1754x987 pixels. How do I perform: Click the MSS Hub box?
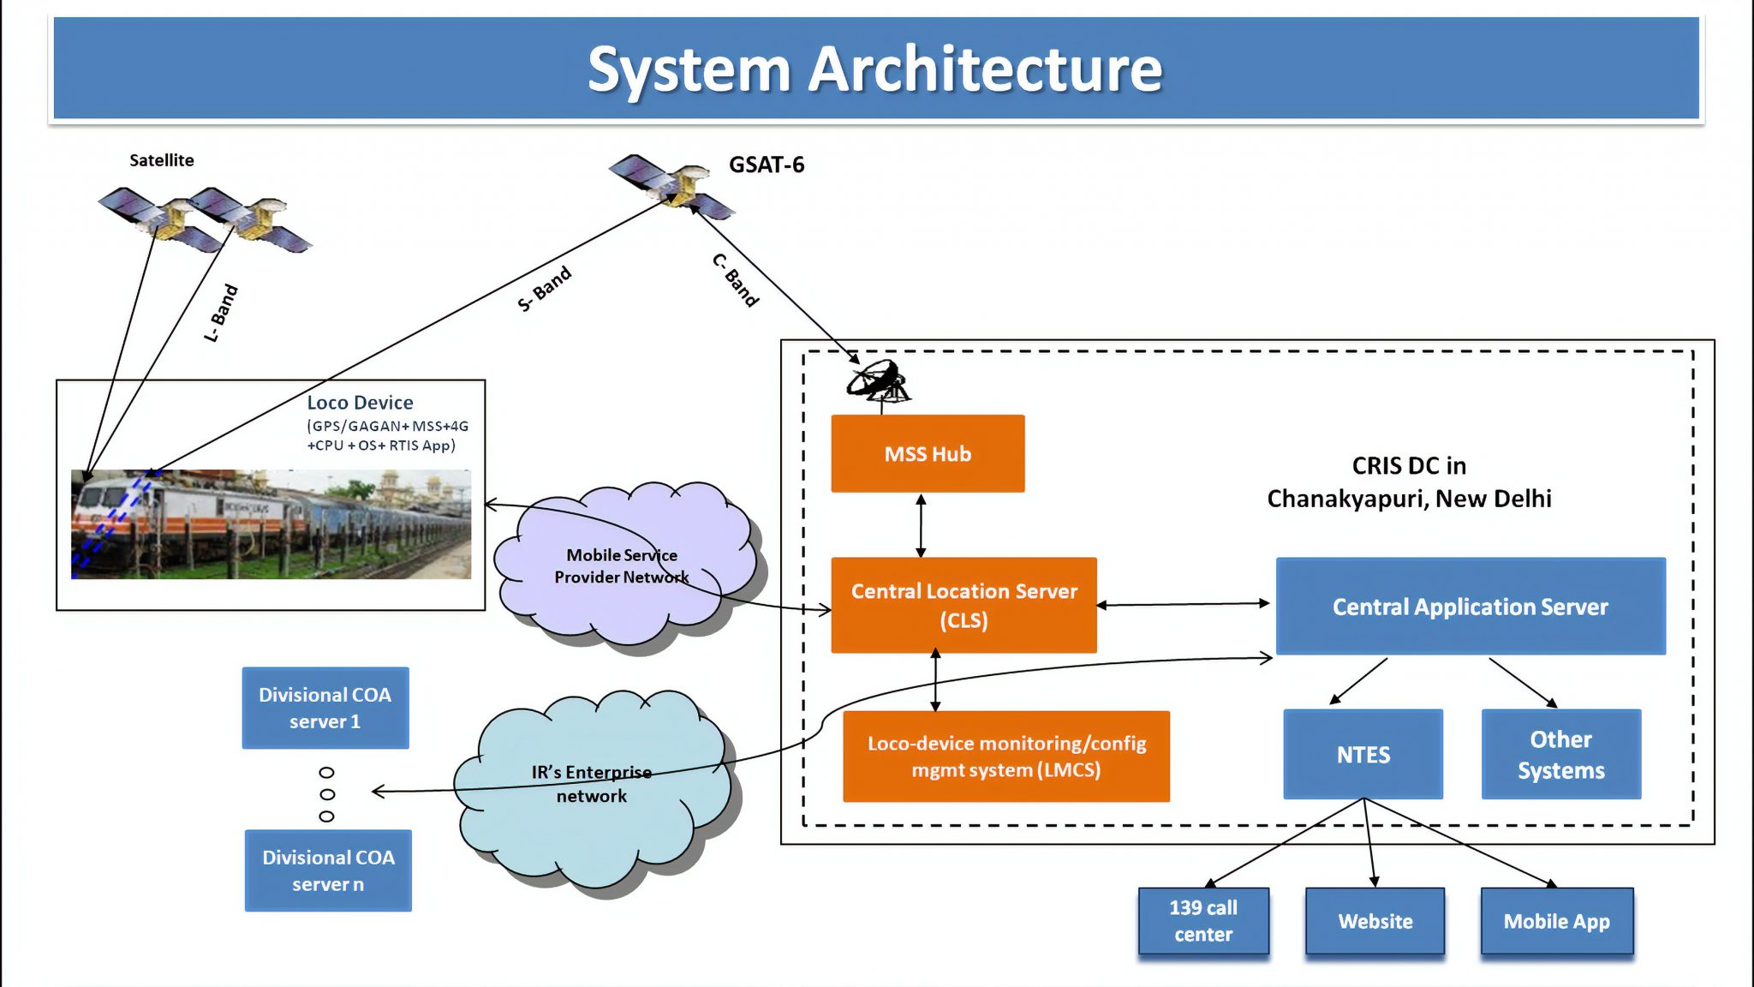[928, 453]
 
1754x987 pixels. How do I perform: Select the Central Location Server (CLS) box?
[964, 605]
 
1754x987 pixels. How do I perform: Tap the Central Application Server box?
[1470, 607]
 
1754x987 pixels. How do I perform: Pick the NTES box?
[1363, 754]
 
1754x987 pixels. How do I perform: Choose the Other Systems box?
[1560, 754]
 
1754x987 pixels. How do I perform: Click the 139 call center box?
[1203, 920]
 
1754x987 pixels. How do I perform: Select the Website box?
[1375, 921]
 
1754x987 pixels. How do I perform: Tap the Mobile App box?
[1556, 921]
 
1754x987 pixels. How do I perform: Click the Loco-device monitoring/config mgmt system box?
[1005, 756]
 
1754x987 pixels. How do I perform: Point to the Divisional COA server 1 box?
[325, 708]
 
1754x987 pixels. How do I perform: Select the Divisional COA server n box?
[328, 870]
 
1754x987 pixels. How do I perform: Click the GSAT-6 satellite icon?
[673, 184]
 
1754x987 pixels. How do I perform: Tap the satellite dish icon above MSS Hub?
[879, 382]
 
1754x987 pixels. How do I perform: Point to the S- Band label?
[545, 289]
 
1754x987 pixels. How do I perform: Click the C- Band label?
[736, 280]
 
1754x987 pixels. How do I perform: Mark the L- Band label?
[221, 314]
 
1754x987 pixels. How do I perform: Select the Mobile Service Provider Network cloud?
[623, 565]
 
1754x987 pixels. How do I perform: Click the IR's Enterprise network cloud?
[591, 784]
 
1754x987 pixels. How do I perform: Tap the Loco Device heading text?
[360, 403]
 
